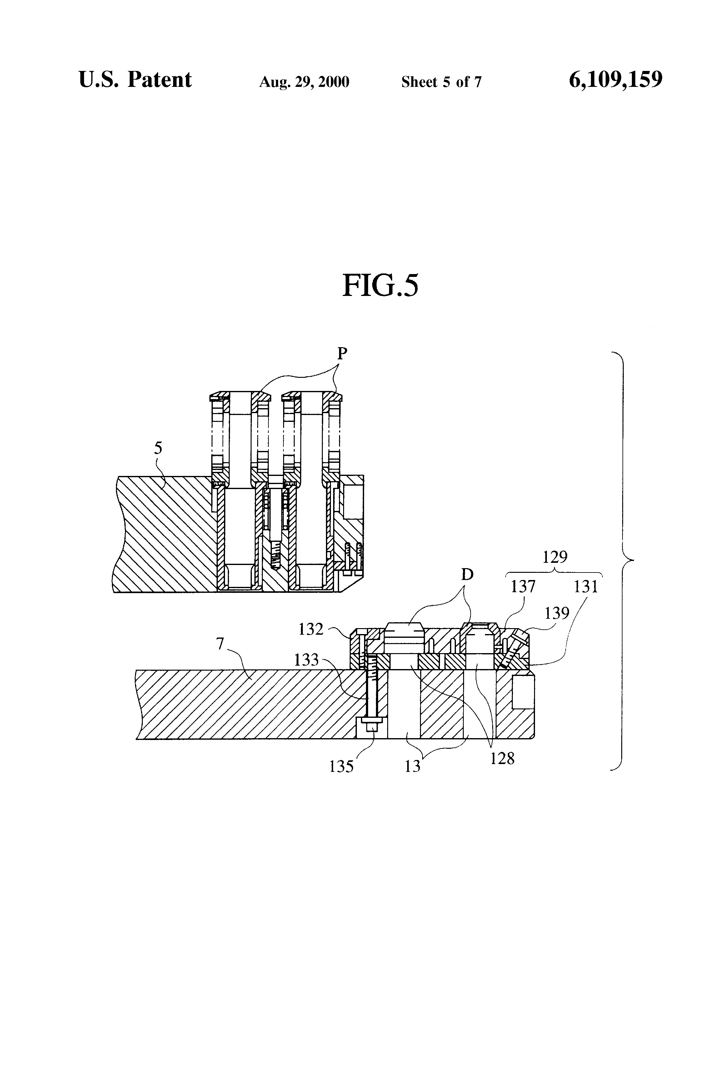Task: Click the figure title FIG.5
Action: point(380,286)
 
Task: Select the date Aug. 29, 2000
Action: point(304,82)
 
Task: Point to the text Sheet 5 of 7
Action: point(441,82)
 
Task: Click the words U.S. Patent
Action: point(135,80)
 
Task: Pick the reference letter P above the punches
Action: point(342,353)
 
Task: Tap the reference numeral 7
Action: point(220,644)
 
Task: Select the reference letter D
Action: point(467,574)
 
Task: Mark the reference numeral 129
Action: point(555,557)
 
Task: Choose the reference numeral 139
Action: point(557,613)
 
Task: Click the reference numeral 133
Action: point(306,659)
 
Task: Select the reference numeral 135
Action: point(342,767)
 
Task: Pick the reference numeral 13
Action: point(412,767)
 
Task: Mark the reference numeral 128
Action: point(502,758)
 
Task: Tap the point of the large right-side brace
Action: point(632,560)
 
